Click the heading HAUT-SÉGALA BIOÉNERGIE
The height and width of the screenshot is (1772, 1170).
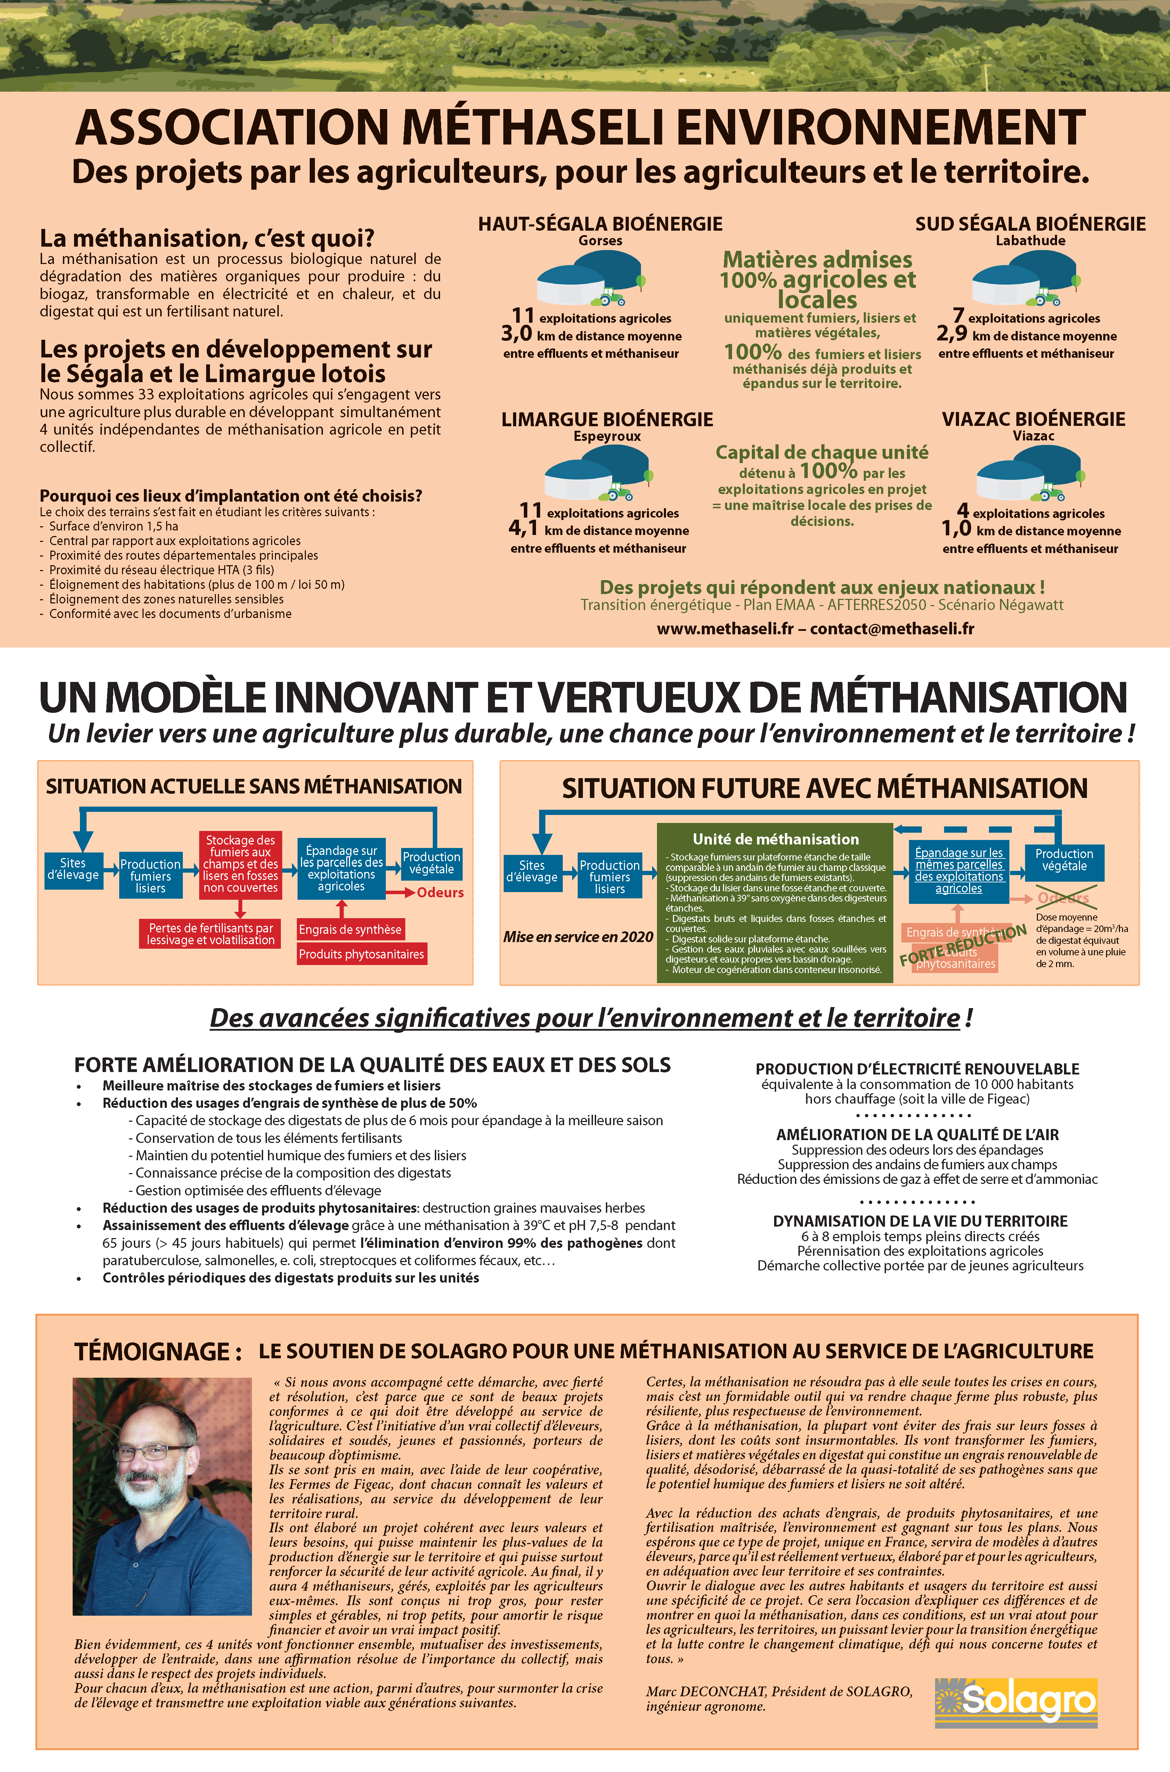(600, 224)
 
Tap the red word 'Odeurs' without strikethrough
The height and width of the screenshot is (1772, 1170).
(440, 893)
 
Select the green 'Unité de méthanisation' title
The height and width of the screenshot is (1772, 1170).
(775, 839)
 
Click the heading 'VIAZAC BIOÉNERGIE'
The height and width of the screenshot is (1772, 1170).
(1033, 419)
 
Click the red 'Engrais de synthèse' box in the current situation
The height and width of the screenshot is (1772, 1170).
(350, 929)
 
